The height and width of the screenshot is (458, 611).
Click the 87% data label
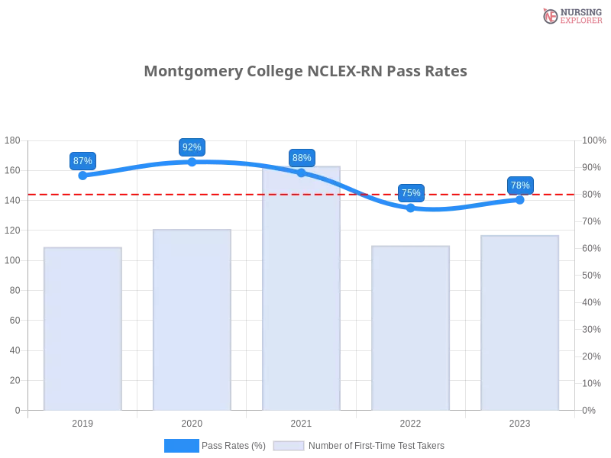point(82,160)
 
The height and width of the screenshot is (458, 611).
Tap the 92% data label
point(191,147)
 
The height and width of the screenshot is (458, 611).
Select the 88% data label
point(302,158)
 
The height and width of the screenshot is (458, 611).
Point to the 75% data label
point(411,192)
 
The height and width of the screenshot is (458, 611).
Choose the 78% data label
point(520,185)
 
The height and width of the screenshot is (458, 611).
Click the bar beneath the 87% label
point(82,328)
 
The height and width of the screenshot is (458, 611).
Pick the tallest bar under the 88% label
point(301,290)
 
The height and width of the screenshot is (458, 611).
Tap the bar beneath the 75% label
point(410,328)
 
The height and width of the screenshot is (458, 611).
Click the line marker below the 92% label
point(192,163)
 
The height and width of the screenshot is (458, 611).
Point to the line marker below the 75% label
point(410,207)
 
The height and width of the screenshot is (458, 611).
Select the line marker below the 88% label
point(301,173)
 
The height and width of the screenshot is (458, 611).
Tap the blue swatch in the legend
point(182,445)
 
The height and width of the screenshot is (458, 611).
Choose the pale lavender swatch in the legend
point(289,445)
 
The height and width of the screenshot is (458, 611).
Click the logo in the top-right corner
point(571,15)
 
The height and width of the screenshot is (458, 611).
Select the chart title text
point(305,71)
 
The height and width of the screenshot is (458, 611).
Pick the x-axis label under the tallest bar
point(300,421)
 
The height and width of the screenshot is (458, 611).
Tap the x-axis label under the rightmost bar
point(519,421)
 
